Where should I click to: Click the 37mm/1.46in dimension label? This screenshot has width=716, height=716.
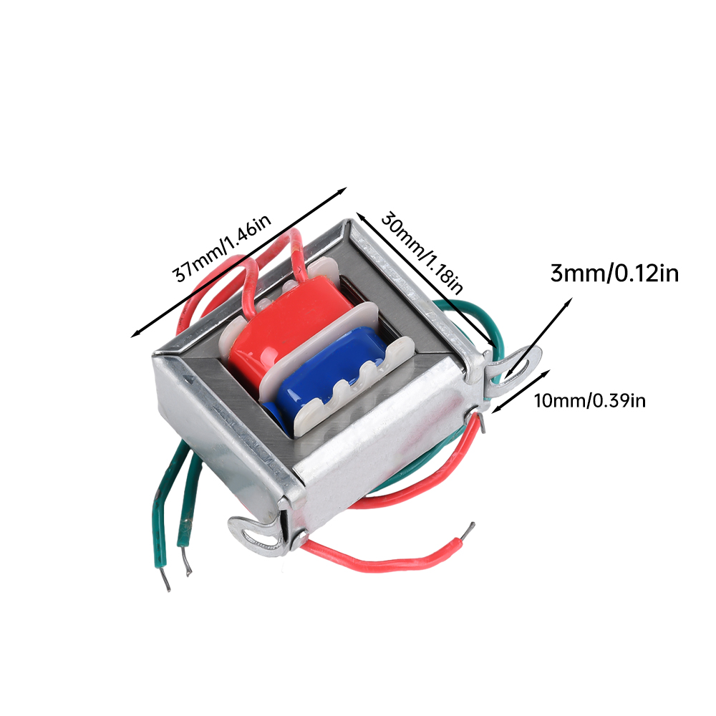click(x=221, y=248)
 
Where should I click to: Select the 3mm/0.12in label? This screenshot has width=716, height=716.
click(x=614, y=274)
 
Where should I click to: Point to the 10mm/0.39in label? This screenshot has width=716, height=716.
click(x=590, y=400)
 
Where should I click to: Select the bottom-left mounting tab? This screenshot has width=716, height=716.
click(x=258, y=534)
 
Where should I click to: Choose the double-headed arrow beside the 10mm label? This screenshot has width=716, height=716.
click(x=521, y=392)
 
